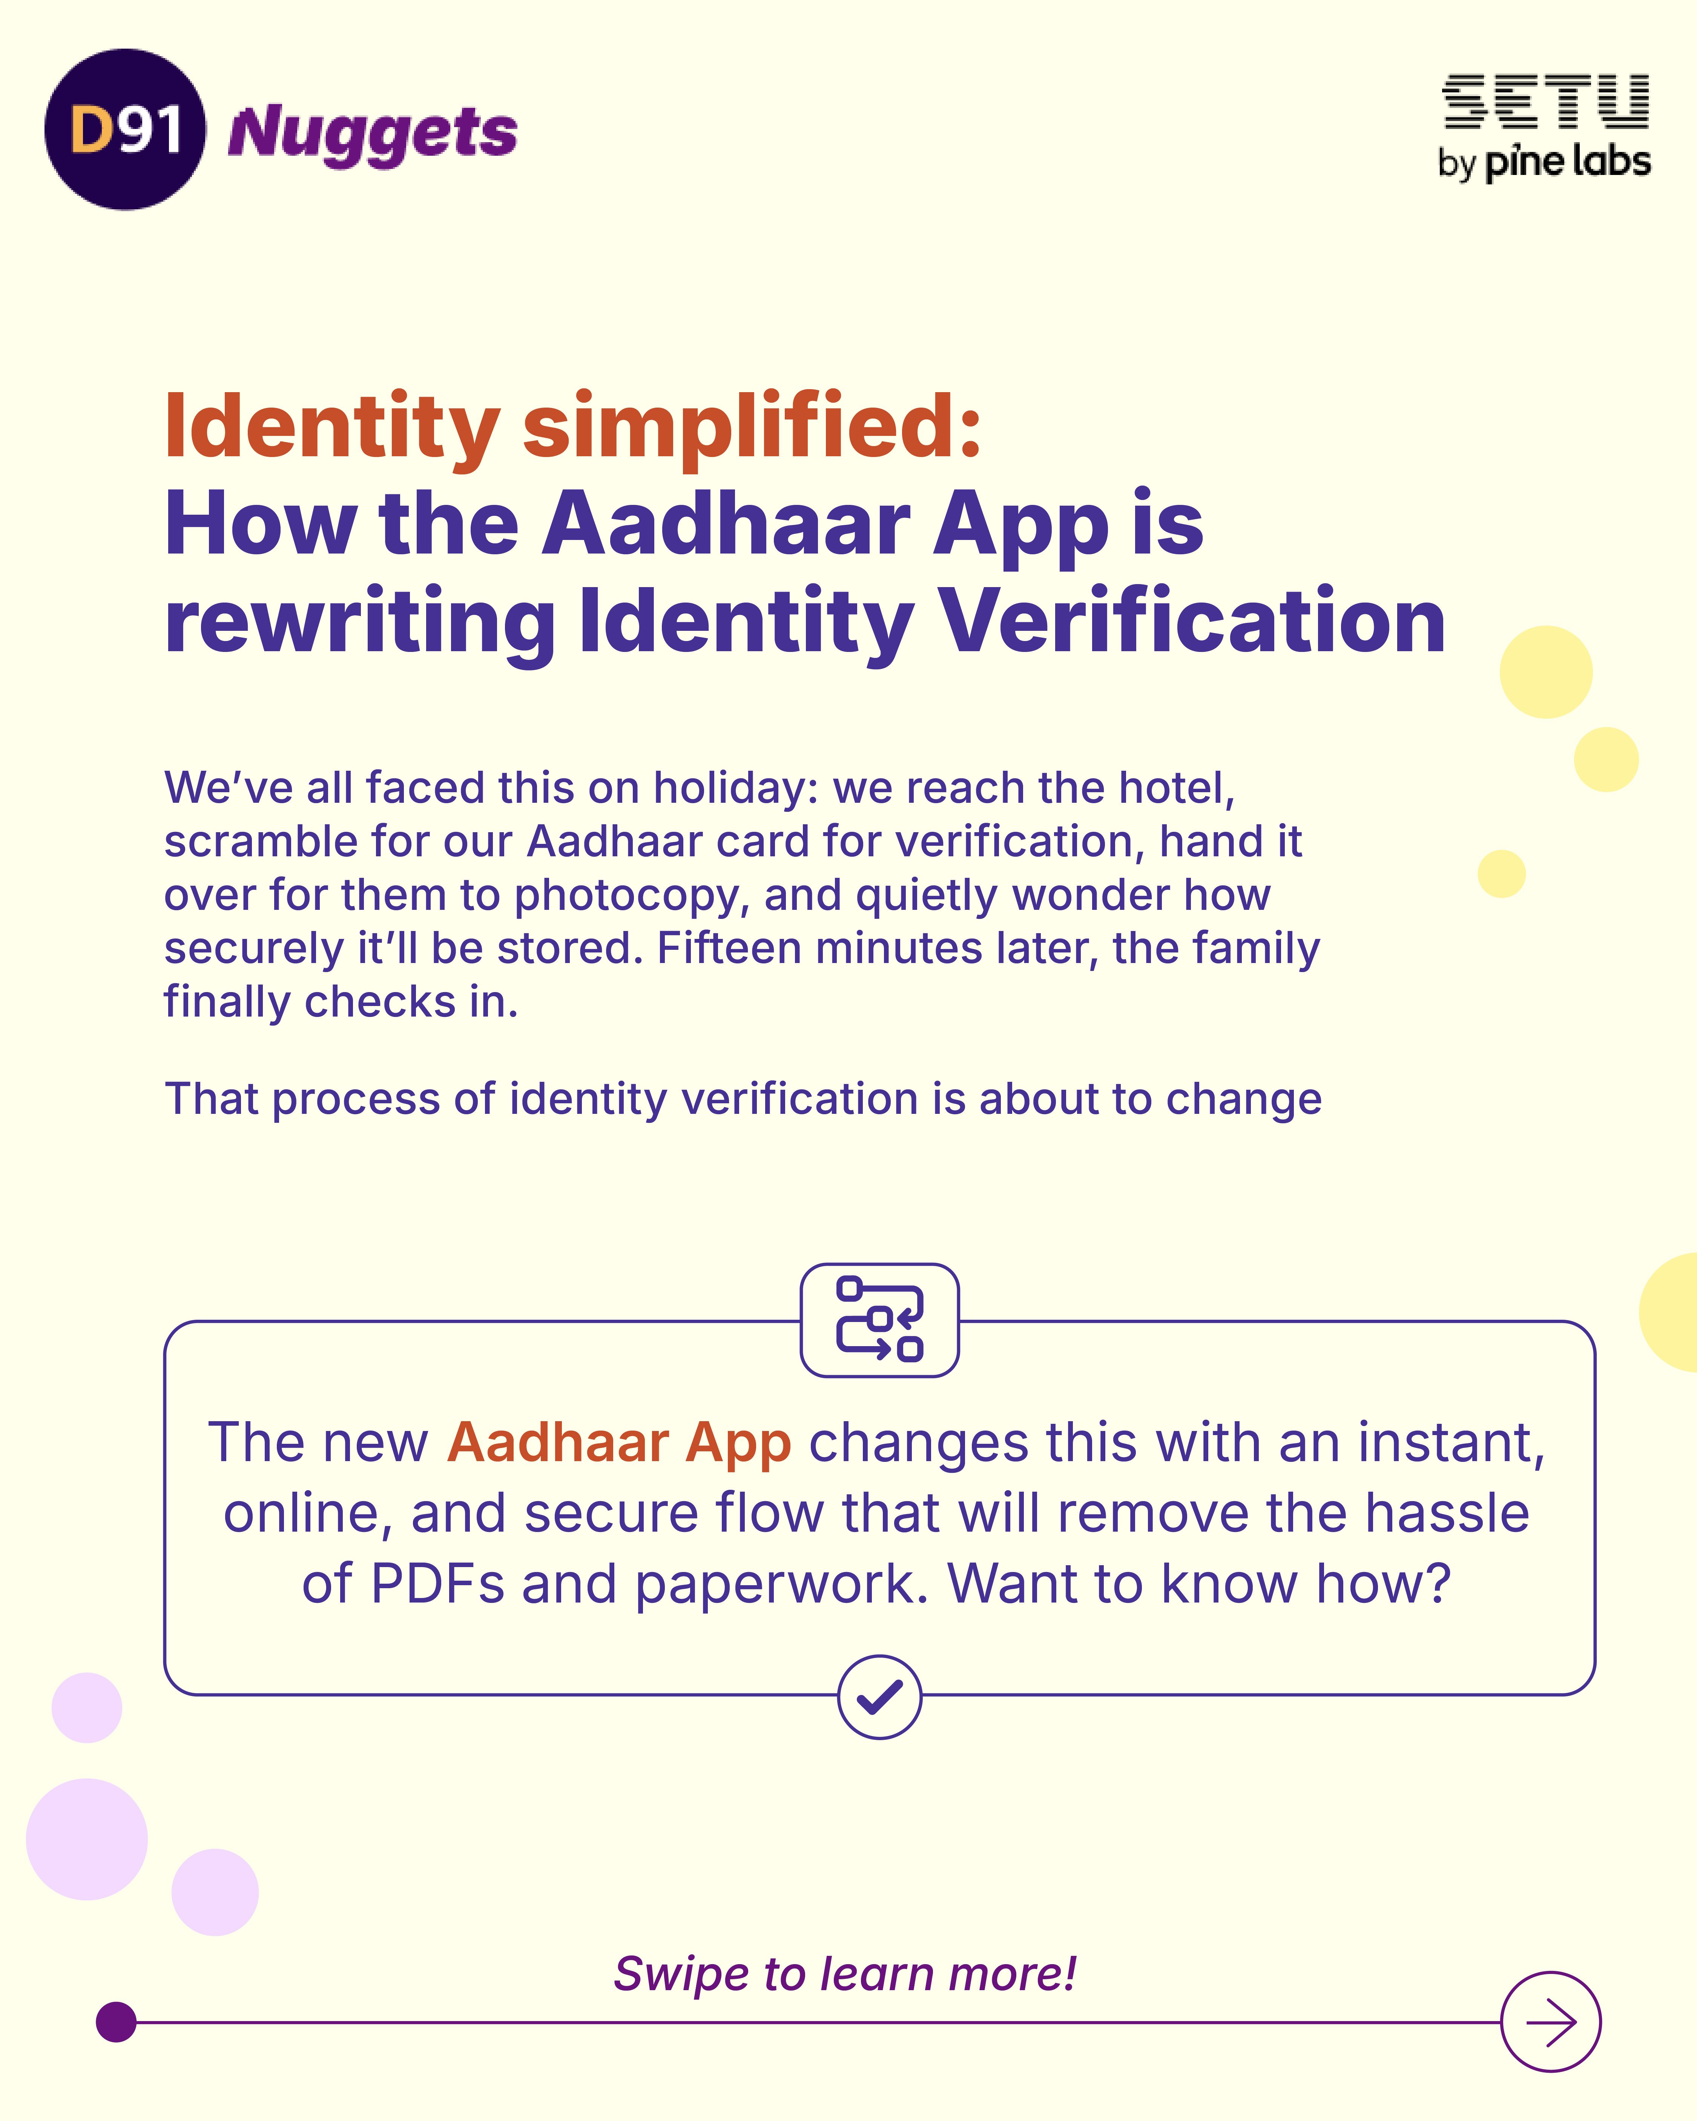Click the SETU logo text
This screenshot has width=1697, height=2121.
point(1545,102)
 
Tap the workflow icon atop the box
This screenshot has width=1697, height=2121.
point(879,1319)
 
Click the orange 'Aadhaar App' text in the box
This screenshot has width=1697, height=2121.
point(619,1443)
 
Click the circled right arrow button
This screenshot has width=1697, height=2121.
point(1550,2021)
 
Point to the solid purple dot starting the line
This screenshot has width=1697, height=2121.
point(116,2021)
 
